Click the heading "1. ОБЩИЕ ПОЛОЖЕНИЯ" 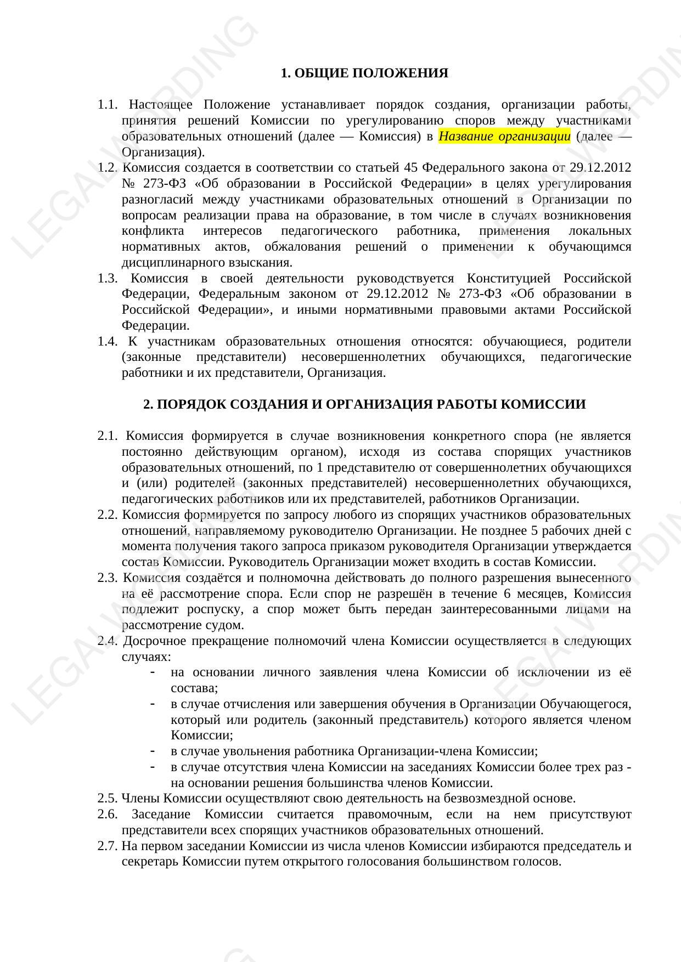click(364, 73)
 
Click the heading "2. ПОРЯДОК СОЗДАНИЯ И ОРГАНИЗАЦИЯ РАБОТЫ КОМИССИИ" click(364, 404)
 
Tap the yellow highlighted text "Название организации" click(504, 136)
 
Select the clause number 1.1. click(108, 105)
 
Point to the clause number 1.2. click(108, 167)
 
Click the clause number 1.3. click(108, 278)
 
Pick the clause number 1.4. click(108, 342)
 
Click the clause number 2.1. click(108, 436)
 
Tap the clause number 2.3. click(108, 578)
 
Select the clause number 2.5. click(108, 799)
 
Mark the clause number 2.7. click(108, 846)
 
